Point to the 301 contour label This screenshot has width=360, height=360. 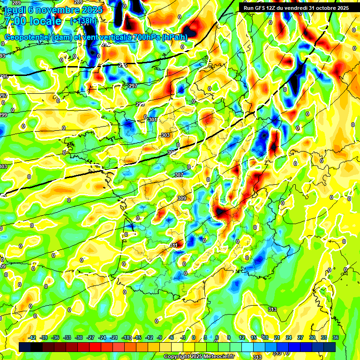click(152, 120)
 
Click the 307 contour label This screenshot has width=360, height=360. click(179, 175)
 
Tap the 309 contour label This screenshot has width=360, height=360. click(181, 198)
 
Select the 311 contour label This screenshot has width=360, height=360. click(173, 245)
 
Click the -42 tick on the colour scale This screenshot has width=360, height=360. click(32, 337)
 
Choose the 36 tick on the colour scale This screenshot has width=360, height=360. click(336, 337)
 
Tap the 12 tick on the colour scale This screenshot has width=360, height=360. click(242, 337)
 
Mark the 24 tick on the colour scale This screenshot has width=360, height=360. click(289, 337)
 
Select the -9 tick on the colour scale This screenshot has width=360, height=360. click(159, 337)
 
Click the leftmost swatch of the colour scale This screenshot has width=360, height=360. click(25, 346)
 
